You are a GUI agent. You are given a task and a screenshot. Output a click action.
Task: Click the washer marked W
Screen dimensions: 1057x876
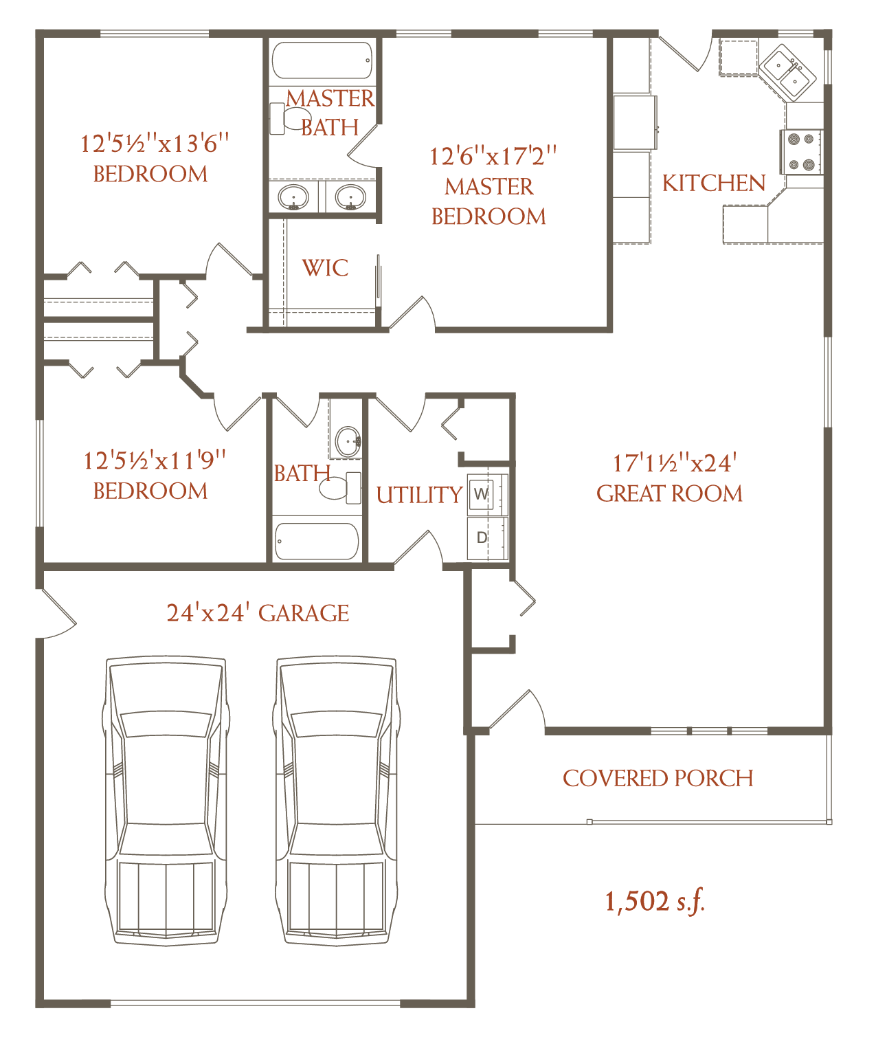click(481, 494)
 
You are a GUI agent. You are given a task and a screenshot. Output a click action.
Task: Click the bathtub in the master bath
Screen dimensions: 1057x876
click(322, 60)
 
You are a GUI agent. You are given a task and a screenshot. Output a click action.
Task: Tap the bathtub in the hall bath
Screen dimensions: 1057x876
click(316, 541)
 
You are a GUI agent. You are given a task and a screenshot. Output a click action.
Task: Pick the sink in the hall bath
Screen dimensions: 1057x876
click(348, 441)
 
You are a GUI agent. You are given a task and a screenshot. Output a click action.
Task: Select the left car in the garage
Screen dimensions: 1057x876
click(166, 801)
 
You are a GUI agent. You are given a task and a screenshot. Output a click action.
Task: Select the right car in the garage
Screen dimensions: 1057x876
click(337, 801)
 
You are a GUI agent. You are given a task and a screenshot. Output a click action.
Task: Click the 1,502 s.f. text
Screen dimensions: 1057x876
click(655, 901)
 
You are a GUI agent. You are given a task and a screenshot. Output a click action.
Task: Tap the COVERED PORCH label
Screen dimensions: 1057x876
click(658, 779)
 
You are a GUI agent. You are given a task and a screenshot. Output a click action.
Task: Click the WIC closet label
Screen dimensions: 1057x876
click(325, 268)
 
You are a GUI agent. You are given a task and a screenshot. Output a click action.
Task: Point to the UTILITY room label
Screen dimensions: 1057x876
click(419, 495)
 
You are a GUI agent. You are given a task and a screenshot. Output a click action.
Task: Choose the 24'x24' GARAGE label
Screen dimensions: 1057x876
click(258, 613)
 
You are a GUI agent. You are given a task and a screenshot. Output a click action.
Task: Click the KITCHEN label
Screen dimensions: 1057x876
click(714, 183)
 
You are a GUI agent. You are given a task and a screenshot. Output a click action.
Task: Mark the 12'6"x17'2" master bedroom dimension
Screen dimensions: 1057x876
click(493, 157)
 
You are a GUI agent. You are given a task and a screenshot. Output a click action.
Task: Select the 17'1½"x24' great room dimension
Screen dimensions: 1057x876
click(674, 464)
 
